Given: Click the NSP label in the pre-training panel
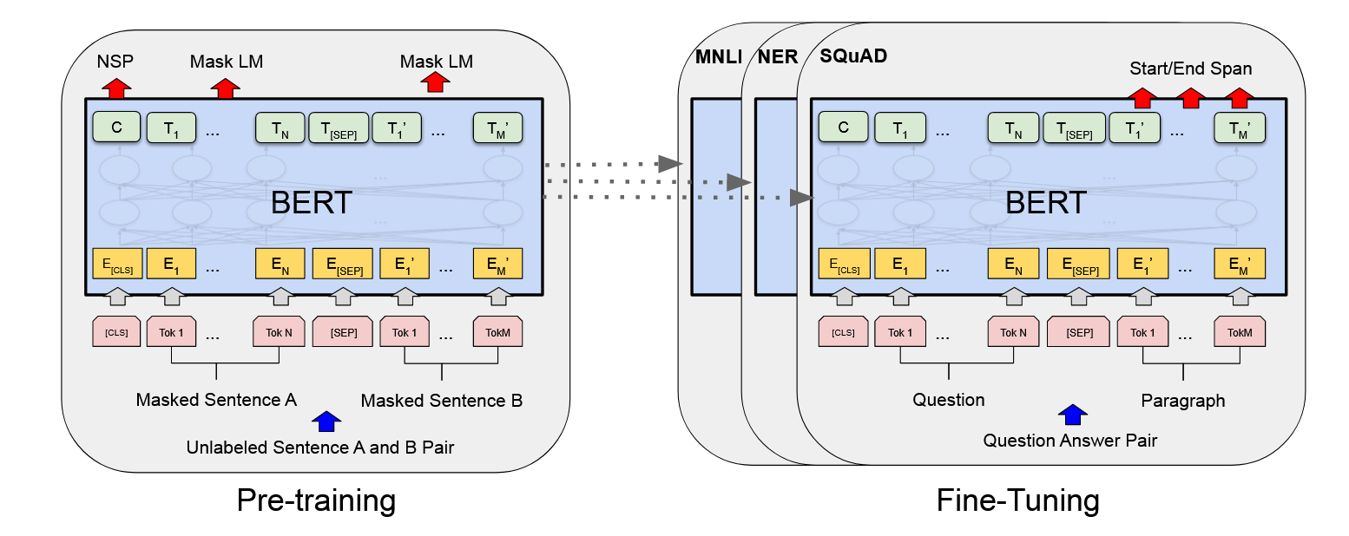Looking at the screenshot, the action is (x=115, y=62).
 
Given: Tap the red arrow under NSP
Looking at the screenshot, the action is (x=116, y=88).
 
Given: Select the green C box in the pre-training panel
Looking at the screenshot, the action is (x=116, y=127).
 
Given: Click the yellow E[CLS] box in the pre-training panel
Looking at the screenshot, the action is (x=117, y=264).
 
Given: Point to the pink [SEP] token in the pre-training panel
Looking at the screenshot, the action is (x=343, y=332).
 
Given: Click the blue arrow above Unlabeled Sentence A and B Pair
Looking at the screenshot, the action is (x=326, y=422).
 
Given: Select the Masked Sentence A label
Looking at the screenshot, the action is (x=216, y=400).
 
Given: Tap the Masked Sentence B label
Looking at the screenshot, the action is (x=442, y=401).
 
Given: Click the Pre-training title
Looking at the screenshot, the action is (x=316, y=500).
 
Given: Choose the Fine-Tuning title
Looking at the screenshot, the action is (x=1017, y=500).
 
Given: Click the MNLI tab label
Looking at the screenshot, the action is (x=719, y=56).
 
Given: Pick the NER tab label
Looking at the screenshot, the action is (x=778, y=56).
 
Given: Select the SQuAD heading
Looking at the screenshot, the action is (x=853, y=56).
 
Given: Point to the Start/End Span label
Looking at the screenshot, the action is (x=1191, y=69).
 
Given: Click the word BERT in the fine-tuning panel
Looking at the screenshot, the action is (x=1046, y=203).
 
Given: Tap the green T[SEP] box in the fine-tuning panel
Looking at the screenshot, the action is (x=1075, y=127).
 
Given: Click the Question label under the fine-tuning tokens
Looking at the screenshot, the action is (x=949, y=400).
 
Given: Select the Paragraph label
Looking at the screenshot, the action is (x=1183, y=401).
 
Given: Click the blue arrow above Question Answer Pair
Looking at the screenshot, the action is (x=1073, y=415).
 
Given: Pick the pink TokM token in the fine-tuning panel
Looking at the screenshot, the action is (x=1240, y=332).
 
